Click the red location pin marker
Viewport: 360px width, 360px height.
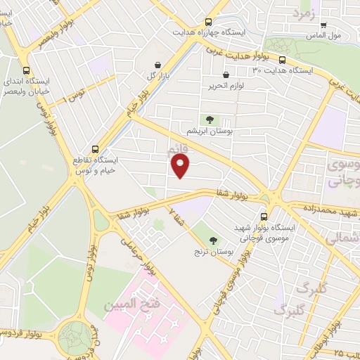point(181,166)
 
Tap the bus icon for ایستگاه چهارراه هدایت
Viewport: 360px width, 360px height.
point(207,22)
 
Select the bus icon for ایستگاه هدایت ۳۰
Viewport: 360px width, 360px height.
point(282,60)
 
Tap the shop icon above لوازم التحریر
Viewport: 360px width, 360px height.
point(225,75)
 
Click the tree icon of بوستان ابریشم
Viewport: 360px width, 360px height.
point(208,120)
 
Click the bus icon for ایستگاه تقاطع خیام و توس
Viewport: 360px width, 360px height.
point(95,149)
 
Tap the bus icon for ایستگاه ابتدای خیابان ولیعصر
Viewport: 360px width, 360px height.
point(26,70)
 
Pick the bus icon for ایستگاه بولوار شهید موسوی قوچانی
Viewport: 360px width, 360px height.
point(264,217)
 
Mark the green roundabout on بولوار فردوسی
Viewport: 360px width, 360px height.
point(75,336)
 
